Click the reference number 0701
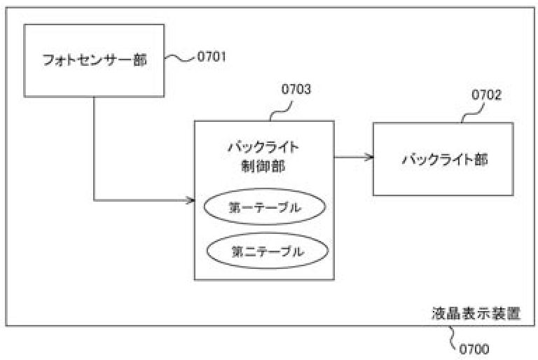(x=212, y=57)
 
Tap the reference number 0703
(x=296, y=89)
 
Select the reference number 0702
(x=487, y=95)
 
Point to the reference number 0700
(x=474, y=349)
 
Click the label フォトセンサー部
(x=95, y=60)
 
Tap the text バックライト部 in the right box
(x=445, y=160)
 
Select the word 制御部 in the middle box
(x=263, y=167)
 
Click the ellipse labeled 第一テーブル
(x=265, y=207)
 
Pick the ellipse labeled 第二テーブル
(x=268, y=251)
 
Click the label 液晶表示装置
(x=476, y=313)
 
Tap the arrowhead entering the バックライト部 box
(x=370, y=157)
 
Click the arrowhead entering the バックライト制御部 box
(x=191, y=200)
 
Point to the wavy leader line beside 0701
(x=180, y=58)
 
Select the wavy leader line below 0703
(x=281, y=111)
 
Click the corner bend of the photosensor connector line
(x=94, y=200)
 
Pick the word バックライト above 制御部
(x=263, y=148)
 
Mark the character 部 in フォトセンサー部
(x=140, y=60)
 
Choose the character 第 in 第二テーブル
(x=237, y=251)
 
